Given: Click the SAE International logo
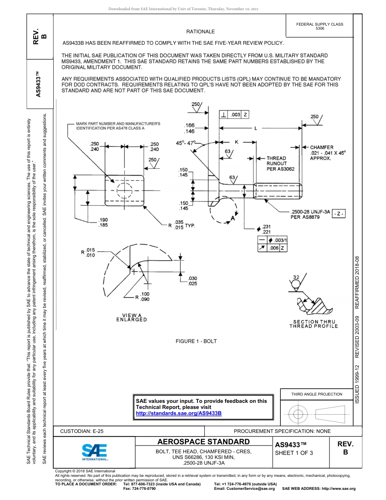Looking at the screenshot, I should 95,451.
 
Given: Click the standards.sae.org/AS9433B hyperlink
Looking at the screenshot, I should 178,413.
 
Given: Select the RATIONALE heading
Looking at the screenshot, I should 200,32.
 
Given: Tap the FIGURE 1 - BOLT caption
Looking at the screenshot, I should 196,341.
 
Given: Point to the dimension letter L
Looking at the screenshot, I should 256,128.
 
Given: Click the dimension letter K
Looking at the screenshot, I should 236,142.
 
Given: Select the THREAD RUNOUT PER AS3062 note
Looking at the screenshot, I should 276,163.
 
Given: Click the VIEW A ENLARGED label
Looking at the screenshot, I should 131,317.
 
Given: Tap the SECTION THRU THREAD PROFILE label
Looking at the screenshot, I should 313,324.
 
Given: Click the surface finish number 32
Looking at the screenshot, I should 296,277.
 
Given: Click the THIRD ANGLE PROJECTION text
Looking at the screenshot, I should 317,394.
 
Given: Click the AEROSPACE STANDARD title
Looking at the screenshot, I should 203,442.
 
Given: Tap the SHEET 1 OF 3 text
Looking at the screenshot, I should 294,453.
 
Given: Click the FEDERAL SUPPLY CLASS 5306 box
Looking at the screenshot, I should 319,26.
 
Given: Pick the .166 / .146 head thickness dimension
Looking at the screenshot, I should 189,128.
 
